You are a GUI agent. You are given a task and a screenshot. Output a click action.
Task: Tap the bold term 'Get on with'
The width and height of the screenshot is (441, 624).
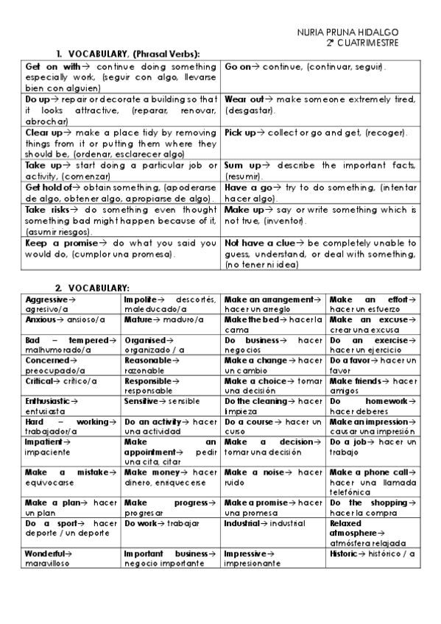pos(52,67)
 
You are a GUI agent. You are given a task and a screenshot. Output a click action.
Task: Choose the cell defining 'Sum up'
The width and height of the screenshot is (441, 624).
pos(320,171)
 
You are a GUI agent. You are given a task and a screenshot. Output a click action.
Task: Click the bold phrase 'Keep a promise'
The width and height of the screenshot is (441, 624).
pos(61,243)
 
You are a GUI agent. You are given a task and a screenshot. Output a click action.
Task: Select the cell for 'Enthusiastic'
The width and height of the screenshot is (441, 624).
pos(72,406)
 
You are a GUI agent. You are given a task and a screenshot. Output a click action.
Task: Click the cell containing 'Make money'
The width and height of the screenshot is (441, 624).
pos(171,478)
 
